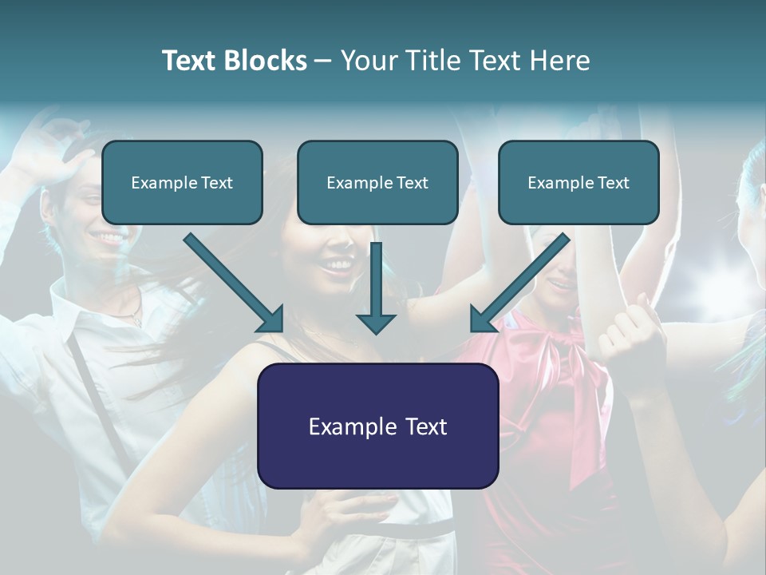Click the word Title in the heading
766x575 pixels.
434,61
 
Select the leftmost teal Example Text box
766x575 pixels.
182,182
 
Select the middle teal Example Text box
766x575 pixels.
377,182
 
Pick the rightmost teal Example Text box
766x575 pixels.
578,182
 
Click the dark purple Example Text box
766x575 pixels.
377,426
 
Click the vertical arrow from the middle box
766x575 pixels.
377,280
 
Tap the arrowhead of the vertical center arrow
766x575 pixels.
377,323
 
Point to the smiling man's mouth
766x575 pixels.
109,238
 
